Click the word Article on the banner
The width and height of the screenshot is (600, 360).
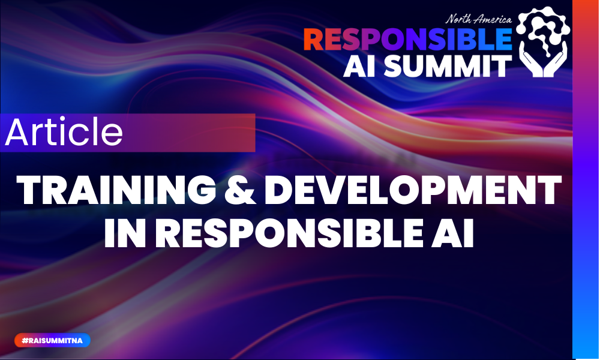pyautogui.click(x=64, y=133)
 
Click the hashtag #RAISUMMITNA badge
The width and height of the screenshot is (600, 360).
pyautogui.click(x=52, y=340)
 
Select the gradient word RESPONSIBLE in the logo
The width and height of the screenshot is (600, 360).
pyautogui.click(x=407, y=40)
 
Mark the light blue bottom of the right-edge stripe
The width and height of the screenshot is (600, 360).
pyautogui.click(x=586, y=336)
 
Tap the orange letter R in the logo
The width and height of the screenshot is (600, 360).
pyautogui.click(x=314, y=40)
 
